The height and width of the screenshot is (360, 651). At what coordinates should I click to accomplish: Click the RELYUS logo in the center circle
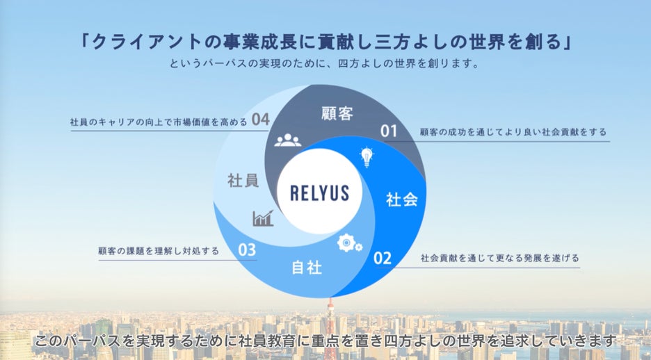pos(319,191)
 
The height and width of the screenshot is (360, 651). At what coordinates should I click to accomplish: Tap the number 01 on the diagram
pos(388,130)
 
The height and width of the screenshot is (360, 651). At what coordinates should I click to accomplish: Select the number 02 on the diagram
pos(383,259)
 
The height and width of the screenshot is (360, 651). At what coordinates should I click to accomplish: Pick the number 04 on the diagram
pos(260,120)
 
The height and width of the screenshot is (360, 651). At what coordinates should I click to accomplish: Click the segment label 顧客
pos(337,113)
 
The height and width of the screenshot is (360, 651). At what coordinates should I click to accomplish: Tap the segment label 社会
pos(401,200)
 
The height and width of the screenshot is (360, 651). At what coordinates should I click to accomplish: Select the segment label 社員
pos(243,181)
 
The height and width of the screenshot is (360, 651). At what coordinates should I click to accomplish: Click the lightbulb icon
pos(366,156)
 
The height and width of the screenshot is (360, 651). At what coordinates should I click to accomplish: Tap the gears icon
pos(348,243)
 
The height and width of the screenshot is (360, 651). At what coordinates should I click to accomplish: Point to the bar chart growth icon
pos(263,219)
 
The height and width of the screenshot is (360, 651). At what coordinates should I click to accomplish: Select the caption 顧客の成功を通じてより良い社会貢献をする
pos(513,131)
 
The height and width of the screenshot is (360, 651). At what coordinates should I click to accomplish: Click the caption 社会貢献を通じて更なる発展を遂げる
pos(499,258)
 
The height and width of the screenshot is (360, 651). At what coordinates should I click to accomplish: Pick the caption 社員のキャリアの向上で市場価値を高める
pos(159,122)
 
